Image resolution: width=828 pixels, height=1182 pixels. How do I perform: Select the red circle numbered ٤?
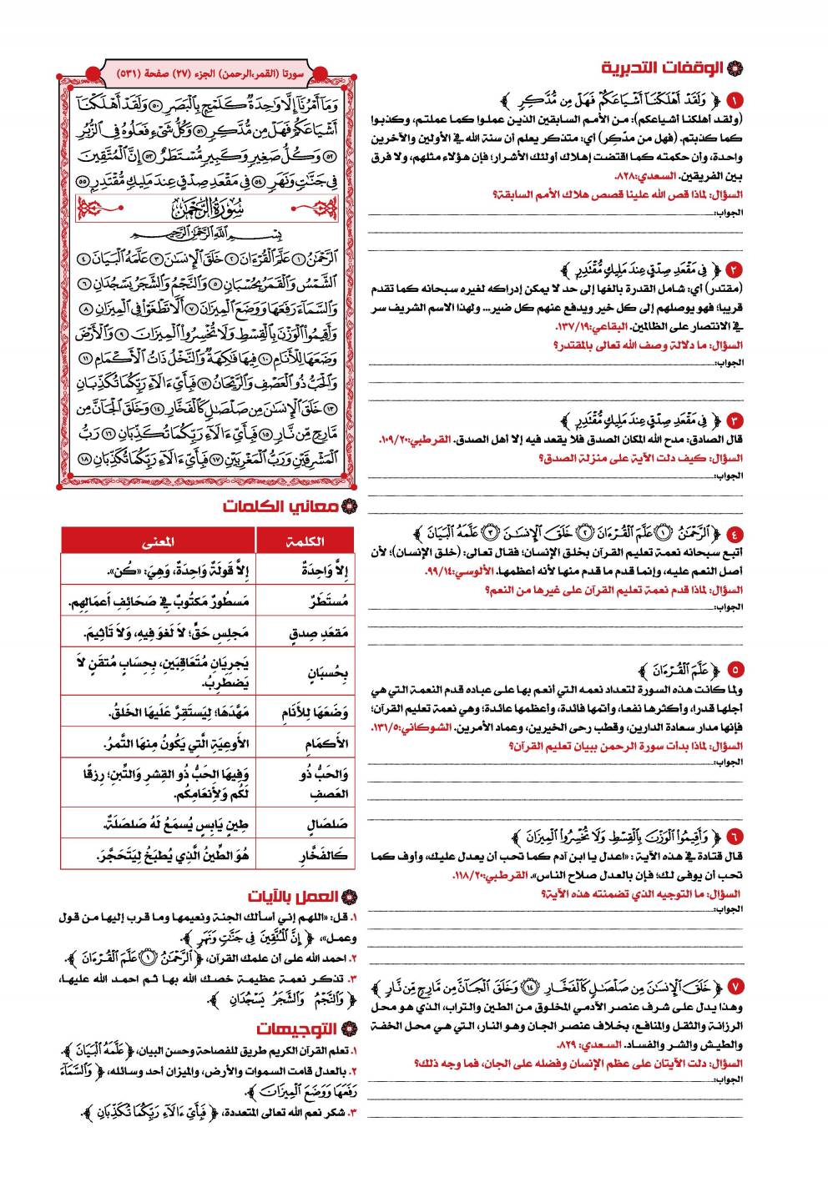pyautogui.click(x=735, y=533)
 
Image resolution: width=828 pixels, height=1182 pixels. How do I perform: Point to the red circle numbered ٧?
pyautogui.click(x=735, y=983)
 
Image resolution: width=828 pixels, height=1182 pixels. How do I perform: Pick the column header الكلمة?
pyautogui.click(x=306, y=541)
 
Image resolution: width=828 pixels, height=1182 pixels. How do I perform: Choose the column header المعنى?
pyautogui.click(x=159, y=541)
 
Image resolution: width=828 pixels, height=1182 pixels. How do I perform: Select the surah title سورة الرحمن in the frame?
pyautogui.click(x=208, y=206)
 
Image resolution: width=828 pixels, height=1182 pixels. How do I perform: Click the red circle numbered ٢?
pyautogui.click(x=735, y=270)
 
